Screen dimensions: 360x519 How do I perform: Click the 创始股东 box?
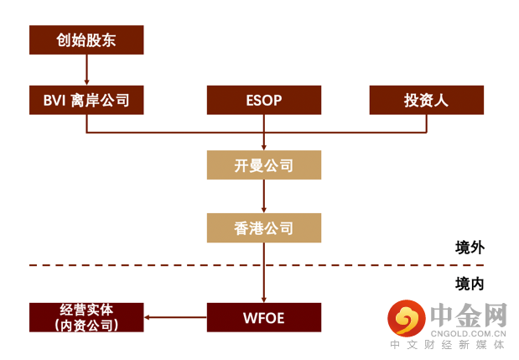86,39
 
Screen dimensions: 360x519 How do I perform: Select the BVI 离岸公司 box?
86,101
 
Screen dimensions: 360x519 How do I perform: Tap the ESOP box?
264,101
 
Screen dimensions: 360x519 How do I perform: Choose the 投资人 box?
426,101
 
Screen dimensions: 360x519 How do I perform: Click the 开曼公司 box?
264,165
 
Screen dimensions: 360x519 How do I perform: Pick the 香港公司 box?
264,227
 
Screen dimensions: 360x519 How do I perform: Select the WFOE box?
264,317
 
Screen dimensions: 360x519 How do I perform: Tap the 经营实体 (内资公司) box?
86,317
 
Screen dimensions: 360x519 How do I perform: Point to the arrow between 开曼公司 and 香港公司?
264,196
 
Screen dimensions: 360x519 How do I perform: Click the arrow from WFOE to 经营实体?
175,317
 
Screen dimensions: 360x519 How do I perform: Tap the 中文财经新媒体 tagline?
449,345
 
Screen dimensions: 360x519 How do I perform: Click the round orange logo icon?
407,318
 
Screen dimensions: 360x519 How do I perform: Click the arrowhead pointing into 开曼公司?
264,147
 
